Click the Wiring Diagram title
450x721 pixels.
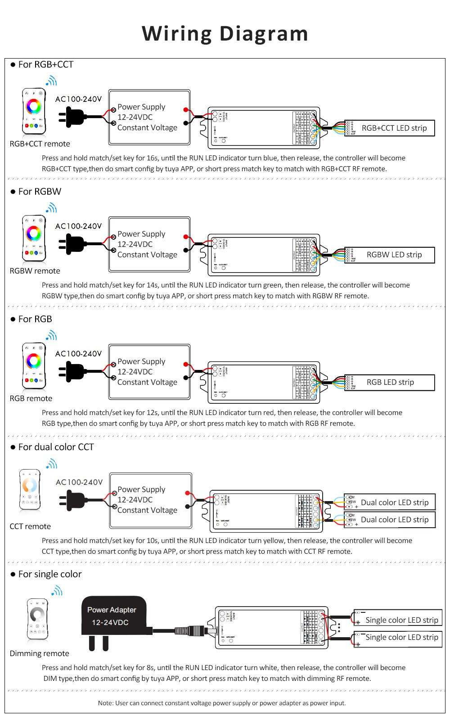pos(225,34)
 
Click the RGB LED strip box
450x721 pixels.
pos(390,383)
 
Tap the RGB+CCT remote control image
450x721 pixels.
pos(34,111)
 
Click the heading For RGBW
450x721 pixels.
pos(40,192)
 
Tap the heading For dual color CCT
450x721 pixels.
pos(56,447)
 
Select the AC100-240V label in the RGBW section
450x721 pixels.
pos(78,226)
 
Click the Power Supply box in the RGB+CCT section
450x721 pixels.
pos(149,117)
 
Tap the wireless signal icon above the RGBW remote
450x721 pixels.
pos(51,208)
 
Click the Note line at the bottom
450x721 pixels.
pos(222,703)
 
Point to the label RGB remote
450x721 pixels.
pos(31,398)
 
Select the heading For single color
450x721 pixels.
pos(49,574)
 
